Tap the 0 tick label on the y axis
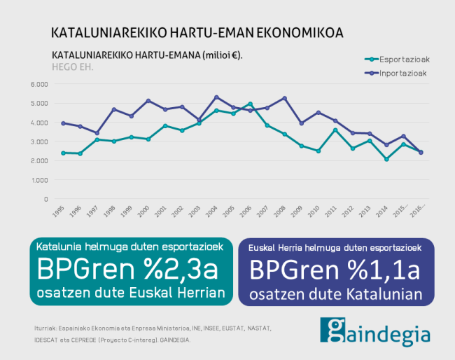45,199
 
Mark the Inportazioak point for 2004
216,97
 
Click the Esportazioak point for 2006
250,104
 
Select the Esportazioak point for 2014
386,159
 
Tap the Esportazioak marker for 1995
64,153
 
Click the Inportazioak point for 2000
148,101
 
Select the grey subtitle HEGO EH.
72,67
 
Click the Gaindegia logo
375,331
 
